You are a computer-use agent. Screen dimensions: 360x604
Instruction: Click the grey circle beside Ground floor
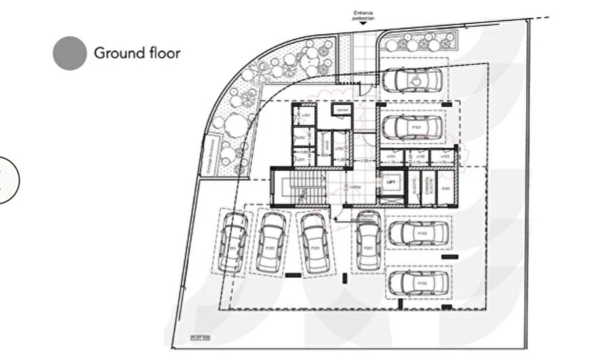click(70, 53)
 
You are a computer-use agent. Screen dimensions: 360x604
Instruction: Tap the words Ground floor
click(137, 53)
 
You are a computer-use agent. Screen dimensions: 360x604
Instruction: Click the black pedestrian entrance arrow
click(363, 23)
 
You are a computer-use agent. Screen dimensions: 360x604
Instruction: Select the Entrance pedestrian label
click(363, 15)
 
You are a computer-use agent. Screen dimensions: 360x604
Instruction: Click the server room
click(340, 110)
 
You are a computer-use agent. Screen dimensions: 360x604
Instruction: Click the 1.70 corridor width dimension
click(364, 161)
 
